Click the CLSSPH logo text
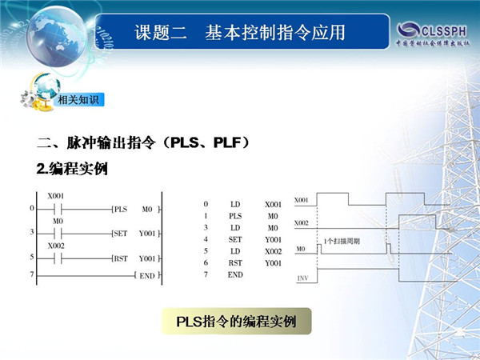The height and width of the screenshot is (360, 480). [444, 31]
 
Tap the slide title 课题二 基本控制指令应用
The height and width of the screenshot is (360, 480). [240, 33]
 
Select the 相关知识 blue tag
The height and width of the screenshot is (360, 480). [78, 100]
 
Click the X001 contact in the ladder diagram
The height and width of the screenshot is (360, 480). [58, 210]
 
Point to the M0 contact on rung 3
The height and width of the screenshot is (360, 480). [58, 234]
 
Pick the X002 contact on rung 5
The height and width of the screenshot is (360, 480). [58, 259]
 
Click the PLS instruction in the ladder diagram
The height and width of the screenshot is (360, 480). [121, 210]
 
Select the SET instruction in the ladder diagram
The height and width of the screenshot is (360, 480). [121, 234]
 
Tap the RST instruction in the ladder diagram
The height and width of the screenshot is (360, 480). [121, 258]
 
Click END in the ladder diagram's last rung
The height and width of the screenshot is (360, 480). [147, 276]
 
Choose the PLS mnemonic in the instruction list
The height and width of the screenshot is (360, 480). [235, 216]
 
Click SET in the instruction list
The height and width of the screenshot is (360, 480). [235, 239]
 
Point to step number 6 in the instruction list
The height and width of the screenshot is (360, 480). [206, 262]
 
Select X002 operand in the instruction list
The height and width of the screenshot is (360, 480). [273, 251]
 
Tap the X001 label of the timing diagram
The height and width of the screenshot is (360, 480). [301, 200]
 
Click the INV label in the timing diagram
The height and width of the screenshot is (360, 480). [302, 278]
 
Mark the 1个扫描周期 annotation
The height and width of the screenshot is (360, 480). [342, 242]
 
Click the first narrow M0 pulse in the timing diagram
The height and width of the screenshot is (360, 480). [319, 249]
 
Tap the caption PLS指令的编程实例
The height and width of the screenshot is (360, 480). [236, 322]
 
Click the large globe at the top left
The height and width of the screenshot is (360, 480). [56, 37]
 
